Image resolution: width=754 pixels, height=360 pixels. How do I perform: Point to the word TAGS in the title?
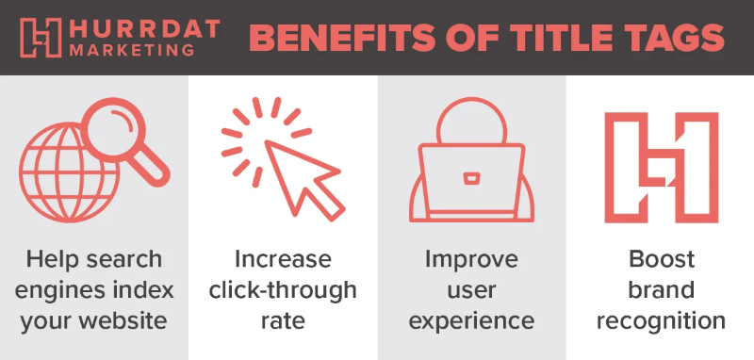tap(665, 39)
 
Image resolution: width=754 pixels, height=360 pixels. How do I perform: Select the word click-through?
tap(283, 289)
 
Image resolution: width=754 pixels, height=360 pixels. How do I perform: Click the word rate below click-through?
tap(283, 320)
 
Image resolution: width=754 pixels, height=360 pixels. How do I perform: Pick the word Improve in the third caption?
tap(471, 258)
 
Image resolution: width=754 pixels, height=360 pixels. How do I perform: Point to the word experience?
tap(471, 320)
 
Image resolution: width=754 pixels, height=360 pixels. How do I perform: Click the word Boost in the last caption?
tap(660, 258)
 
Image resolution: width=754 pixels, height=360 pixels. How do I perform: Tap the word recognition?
tap(660, 320)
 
